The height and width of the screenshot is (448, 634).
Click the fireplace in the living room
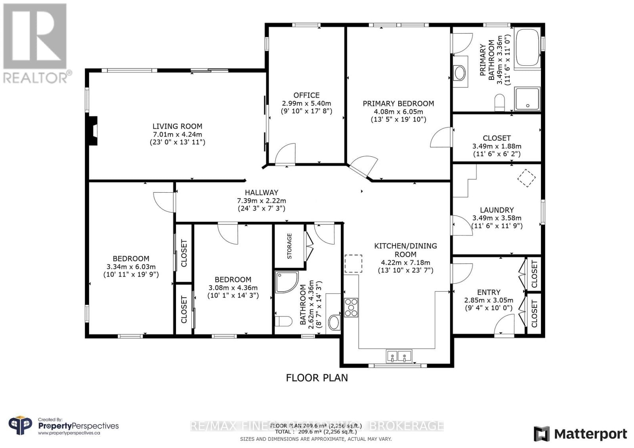point(92,131)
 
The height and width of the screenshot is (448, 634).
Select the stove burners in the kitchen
point(351,308)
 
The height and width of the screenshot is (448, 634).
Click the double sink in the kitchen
point(399,357)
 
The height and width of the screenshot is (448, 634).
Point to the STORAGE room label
point(289,246)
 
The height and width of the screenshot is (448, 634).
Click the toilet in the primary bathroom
point(499,103)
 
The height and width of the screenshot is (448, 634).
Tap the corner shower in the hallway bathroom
point(285,281)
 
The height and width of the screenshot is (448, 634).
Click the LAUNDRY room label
point(497,210)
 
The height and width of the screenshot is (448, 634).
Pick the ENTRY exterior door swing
point(505,325)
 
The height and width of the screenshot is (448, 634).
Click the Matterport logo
point(581,434)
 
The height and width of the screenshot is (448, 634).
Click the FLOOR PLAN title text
point(317,378)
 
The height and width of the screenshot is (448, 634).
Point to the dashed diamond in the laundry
point(527,178)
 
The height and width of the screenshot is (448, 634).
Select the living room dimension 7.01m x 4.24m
point(177,134)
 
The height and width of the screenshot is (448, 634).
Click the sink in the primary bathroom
point(460,73)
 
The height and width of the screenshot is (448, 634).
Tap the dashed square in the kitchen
point(353,264)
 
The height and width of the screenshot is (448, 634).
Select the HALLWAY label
point(261,193)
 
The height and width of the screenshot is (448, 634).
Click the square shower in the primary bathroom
point(527,99)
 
